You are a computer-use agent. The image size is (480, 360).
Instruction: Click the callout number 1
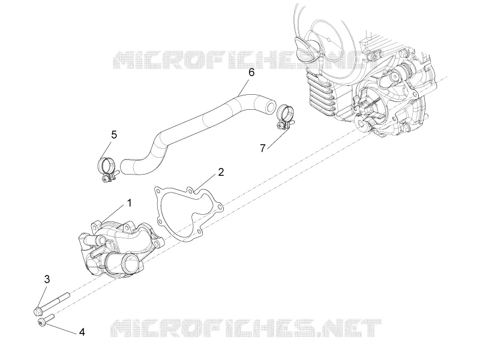130,203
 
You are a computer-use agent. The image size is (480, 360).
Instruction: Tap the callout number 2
221,172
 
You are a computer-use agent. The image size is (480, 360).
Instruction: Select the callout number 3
47,279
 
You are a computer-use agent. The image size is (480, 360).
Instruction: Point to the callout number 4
82,332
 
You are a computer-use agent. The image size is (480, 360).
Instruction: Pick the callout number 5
114,134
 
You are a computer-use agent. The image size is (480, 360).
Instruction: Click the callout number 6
251,73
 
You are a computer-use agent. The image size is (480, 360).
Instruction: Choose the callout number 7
262,148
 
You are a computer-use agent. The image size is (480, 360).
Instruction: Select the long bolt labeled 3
52,304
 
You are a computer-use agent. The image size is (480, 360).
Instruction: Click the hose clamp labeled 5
108,169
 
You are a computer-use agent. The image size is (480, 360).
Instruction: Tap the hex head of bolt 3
37,311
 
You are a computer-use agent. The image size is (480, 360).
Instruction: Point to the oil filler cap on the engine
305,46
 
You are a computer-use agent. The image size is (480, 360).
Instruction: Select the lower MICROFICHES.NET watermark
246,328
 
